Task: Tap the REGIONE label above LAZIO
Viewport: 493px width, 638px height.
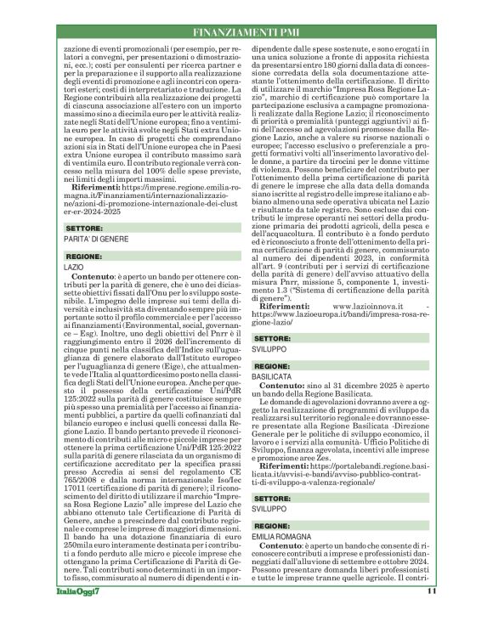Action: point(84,255)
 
